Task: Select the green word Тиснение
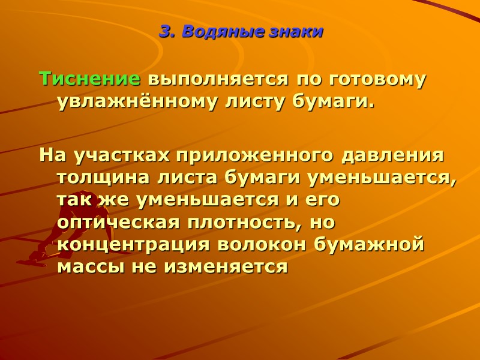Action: pos(90,79)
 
